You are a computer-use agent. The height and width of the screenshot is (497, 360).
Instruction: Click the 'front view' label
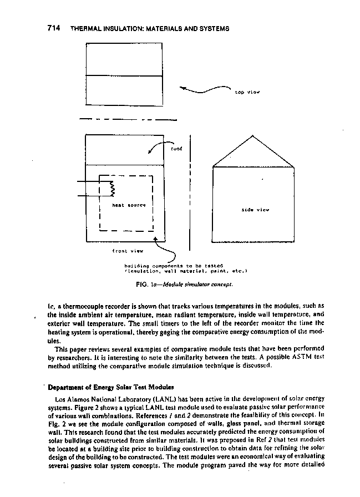[x=128, y=251]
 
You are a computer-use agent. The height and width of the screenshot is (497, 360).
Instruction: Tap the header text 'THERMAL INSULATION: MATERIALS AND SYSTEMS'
[x=150, y=28]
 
